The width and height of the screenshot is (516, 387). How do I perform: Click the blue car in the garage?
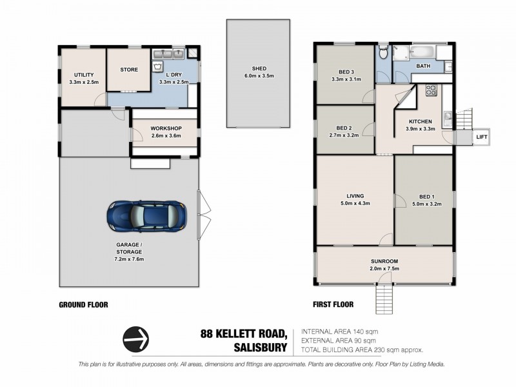point(147,216)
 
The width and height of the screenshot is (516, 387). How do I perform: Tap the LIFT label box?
point(481,137)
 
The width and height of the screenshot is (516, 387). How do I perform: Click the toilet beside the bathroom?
point(382,52)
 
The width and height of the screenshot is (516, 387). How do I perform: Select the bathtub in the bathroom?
point(422,52)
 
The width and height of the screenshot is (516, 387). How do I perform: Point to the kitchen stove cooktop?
point(431,90)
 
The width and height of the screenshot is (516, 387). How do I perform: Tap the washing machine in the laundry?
point(158,66)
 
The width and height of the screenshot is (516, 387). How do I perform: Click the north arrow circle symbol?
point(135,339)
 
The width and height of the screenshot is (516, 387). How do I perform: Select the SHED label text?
point(259,68)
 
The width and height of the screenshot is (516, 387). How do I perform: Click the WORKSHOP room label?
point(166,128)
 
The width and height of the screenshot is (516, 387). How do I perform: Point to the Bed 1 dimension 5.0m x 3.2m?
point(427,204)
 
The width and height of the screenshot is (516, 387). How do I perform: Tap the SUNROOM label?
point(384,261)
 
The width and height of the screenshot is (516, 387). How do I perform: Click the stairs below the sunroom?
point(384,299)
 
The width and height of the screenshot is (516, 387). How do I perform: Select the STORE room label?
point(129,70)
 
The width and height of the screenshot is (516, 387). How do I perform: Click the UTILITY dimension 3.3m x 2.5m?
point(84,82)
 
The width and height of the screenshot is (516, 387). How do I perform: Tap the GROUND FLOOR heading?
point(83,305)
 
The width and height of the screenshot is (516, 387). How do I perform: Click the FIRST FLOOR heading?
point(333,304)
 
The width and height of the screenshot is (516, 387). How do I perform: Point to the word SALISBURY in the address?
point(261,348)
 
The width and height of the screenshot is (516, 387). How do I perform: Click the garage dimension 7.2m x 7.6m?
point(129,259)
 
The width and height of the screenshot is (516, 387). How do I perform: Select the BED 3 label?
point(346,72)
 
